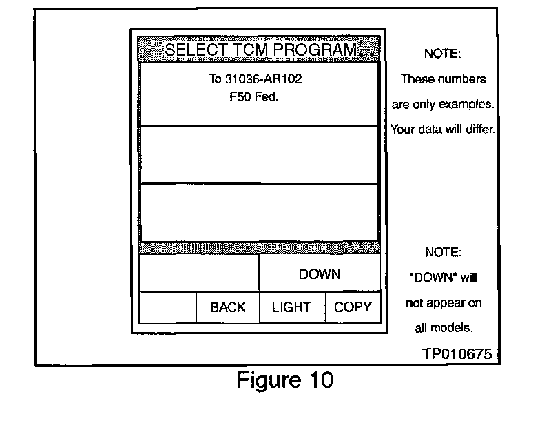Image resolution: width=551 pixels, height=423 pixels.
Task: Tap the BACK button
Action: pyautogui.click(x=227, y=307)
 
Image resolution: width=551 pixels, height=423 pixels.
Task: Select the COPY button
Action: pyautogui.click(x=353, y=307)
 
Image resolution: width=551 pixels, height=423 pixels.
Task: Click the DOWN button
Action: pyautogui.click(x=319, y=274)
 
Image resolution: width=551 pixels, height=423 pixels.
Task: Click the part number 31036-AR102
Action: pyautogui.click(x=263, y=79)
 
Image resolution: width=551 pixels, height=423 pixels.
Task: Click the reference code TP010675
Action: pyautogui.click(x=457, y=354)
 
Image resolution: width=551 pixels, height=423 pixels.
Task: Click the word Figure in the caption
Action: pyautogui.click(x=265, y=380)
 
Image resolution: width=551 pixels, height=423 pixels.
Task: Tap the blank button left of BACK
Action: pyautogui.click(x=167, y=307)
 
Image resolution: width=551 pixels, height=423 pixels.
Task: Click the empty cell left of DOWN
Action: pyautogui.click(x=199, y=274)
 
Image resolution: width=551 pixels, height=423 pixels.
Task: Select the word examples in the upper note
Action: pyautogui.click(x=471, y=104)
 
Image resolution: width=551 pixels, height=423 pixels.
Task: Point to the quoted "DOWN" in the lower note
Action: pyautogui.click(x=430, y=278)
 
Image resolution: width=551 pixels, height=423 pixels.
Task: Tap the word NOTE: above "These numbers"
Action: pyautogui.click(x=442, y=54)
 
